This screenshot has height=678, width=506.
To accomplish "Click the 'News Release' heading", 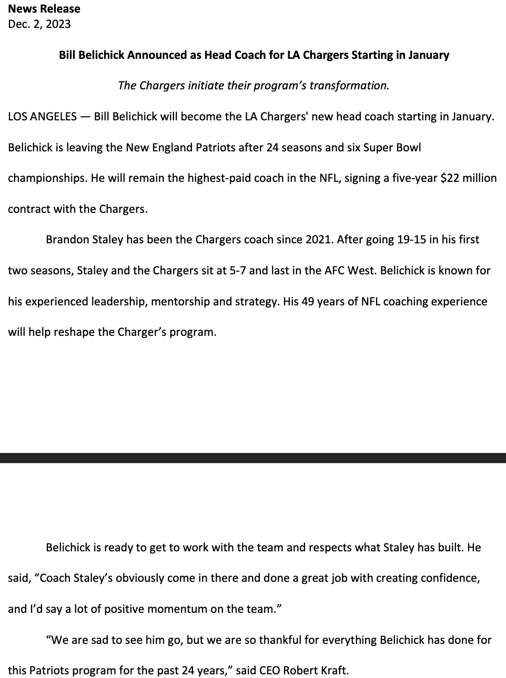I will point(44,9).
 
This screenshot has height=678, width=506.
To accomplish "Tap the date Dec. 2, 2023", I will point(39,24).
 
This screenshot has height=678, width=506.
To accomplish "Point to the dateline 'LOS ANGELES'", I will point(42,117).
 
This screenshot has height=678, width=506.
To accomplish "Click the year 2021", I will point(319,240).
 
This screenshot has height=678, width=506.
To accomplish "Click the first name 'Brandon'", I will point(66,240).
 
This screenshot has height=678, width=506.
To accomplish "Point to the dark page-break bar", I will point(253,457).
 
